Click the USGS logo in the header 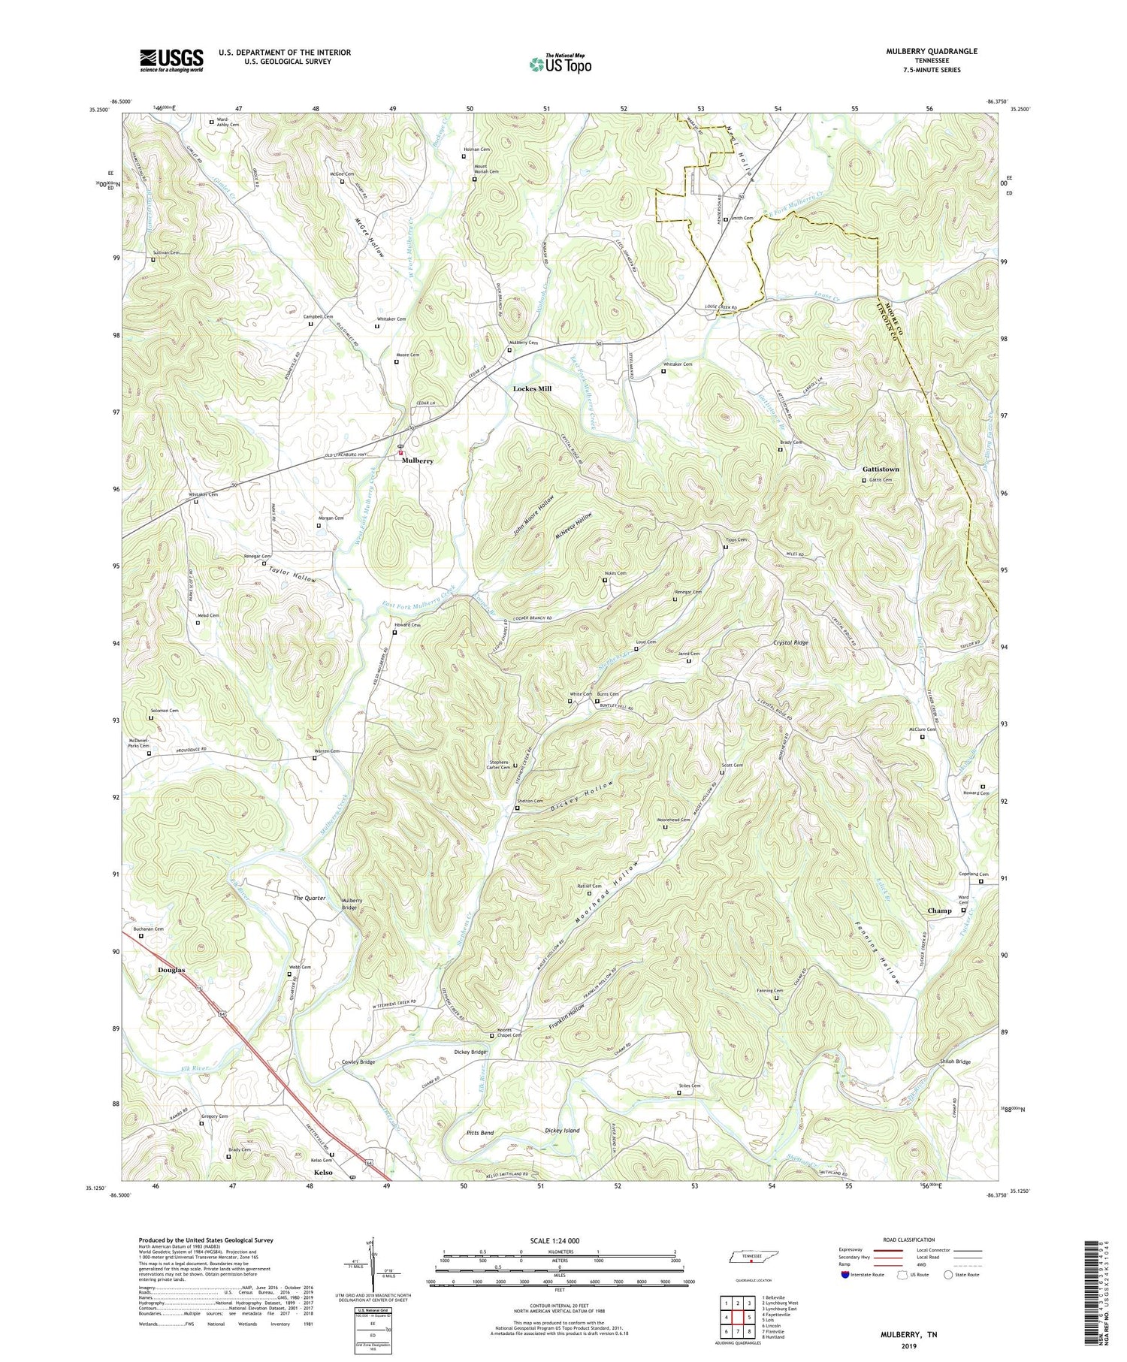171,60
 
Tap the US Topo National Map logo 560,64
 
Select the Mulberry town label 417,461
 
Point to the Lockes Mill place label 532,388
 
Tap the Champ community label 939,911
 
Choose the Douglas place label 171,970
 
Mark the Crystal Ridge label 791,643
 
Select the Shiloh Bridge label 955,1062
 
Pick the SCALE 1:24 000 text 559,1240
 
